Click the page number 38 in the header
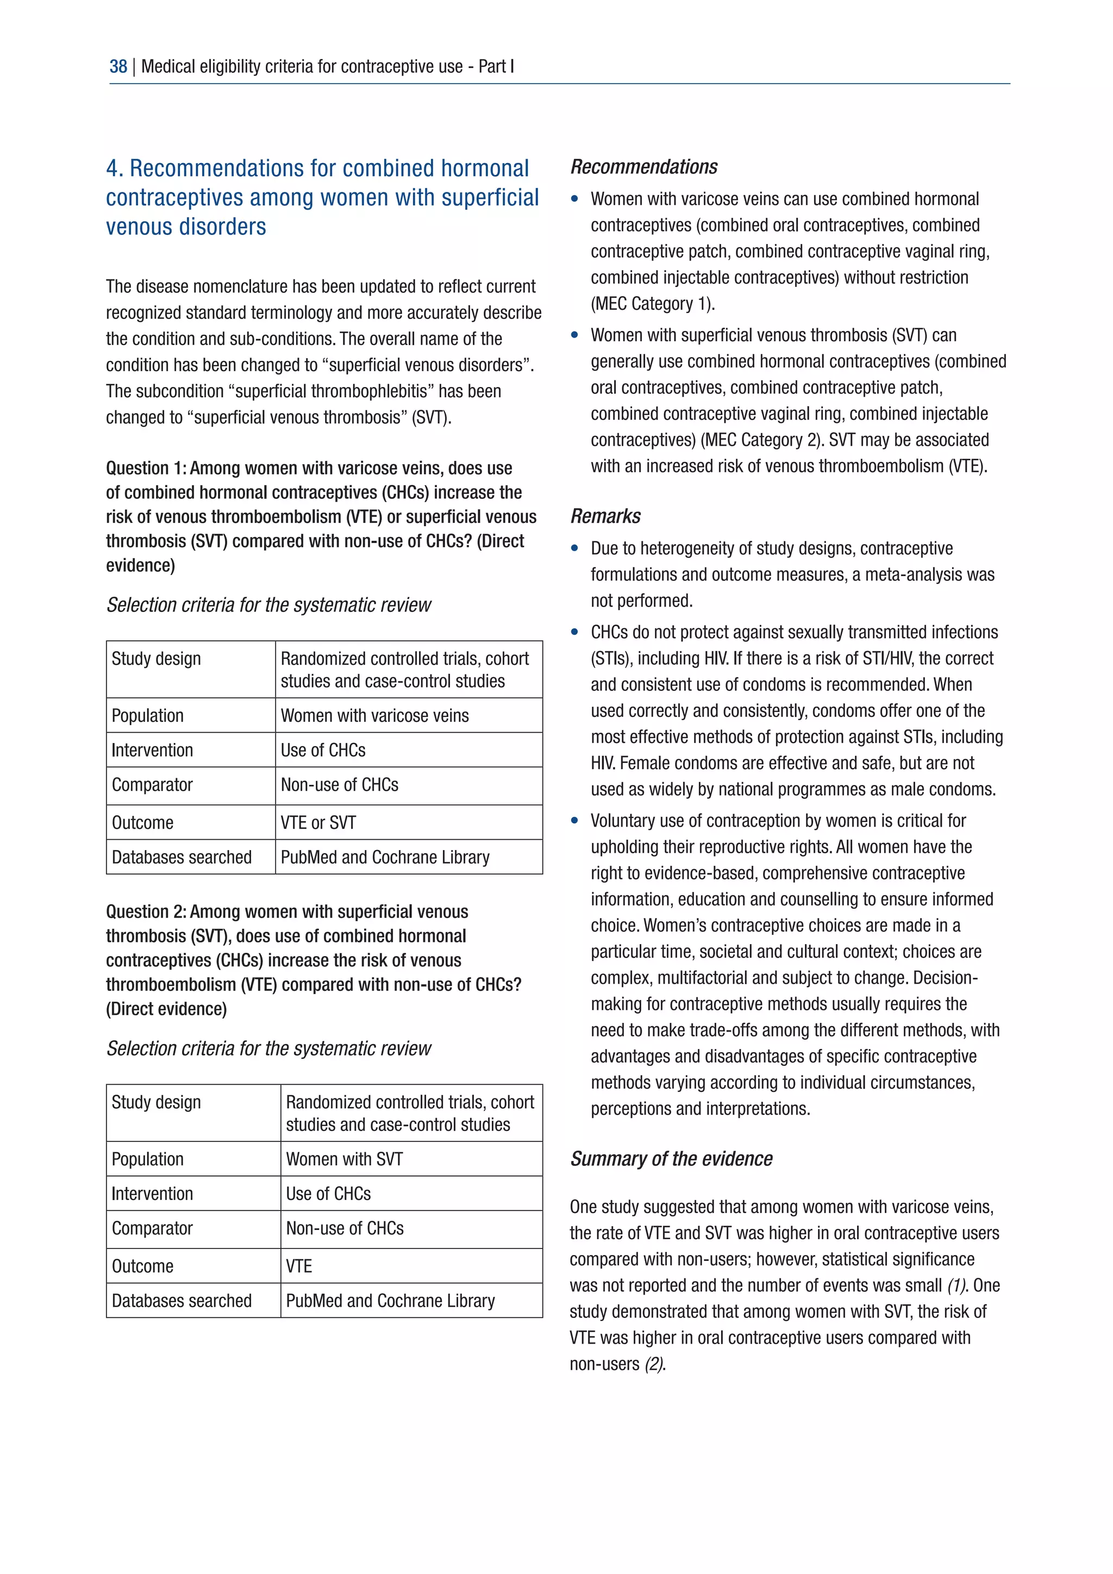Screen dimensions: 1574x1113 point(118,66)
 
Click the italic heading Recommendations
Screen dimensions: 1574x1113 point(643,167)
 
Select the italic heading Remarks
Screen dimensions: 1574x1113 point(605,516)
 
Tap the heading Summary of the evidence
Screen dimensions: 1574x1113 point(671,1159)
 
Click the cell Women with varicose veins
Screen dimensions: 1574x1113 point(374,716)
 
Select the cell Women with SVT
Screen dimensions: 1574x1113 point(344,1159)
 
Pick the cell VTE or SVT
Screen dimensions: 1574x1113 point(318,823)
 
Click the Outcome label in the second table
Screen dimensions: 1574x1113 point(142,1266)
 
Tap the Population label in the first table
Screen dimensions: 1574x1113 point(147,716)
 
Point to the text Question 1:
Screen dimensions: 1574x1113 point(146,468)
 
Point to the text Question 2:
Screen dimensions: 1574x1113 point(146,912)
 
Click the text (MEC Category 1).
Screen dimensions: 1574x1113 point(653,304)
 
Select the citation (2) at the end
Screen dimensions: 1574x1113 point(654,1364)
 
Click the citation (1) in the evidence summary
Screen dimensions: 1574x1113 point(956,1285)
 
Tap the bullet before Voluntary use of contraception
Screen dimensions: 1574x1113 point(575,821)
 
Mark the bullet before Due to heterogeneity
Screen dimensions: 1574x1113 point(575,548)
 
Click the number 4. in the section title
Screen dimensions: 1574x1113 point(115,168)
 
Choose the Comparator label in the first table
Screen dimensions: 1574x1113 point(152,785)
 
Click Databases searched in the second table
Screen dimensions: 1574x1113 point(182,1301)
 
